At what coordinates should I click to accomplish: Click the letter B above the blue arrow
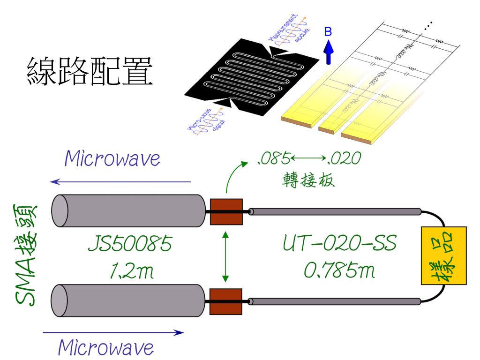(x=329, y=31)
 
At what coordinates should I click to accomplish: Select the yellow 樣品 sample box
(x=443, y=256)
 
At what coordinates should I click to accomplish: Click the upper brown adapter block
(x=225, y=212)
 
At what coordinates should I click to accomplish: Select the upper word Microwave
(x=112, y=159)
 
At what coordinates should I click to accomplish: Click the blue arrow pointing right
(x=112, y=333)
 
